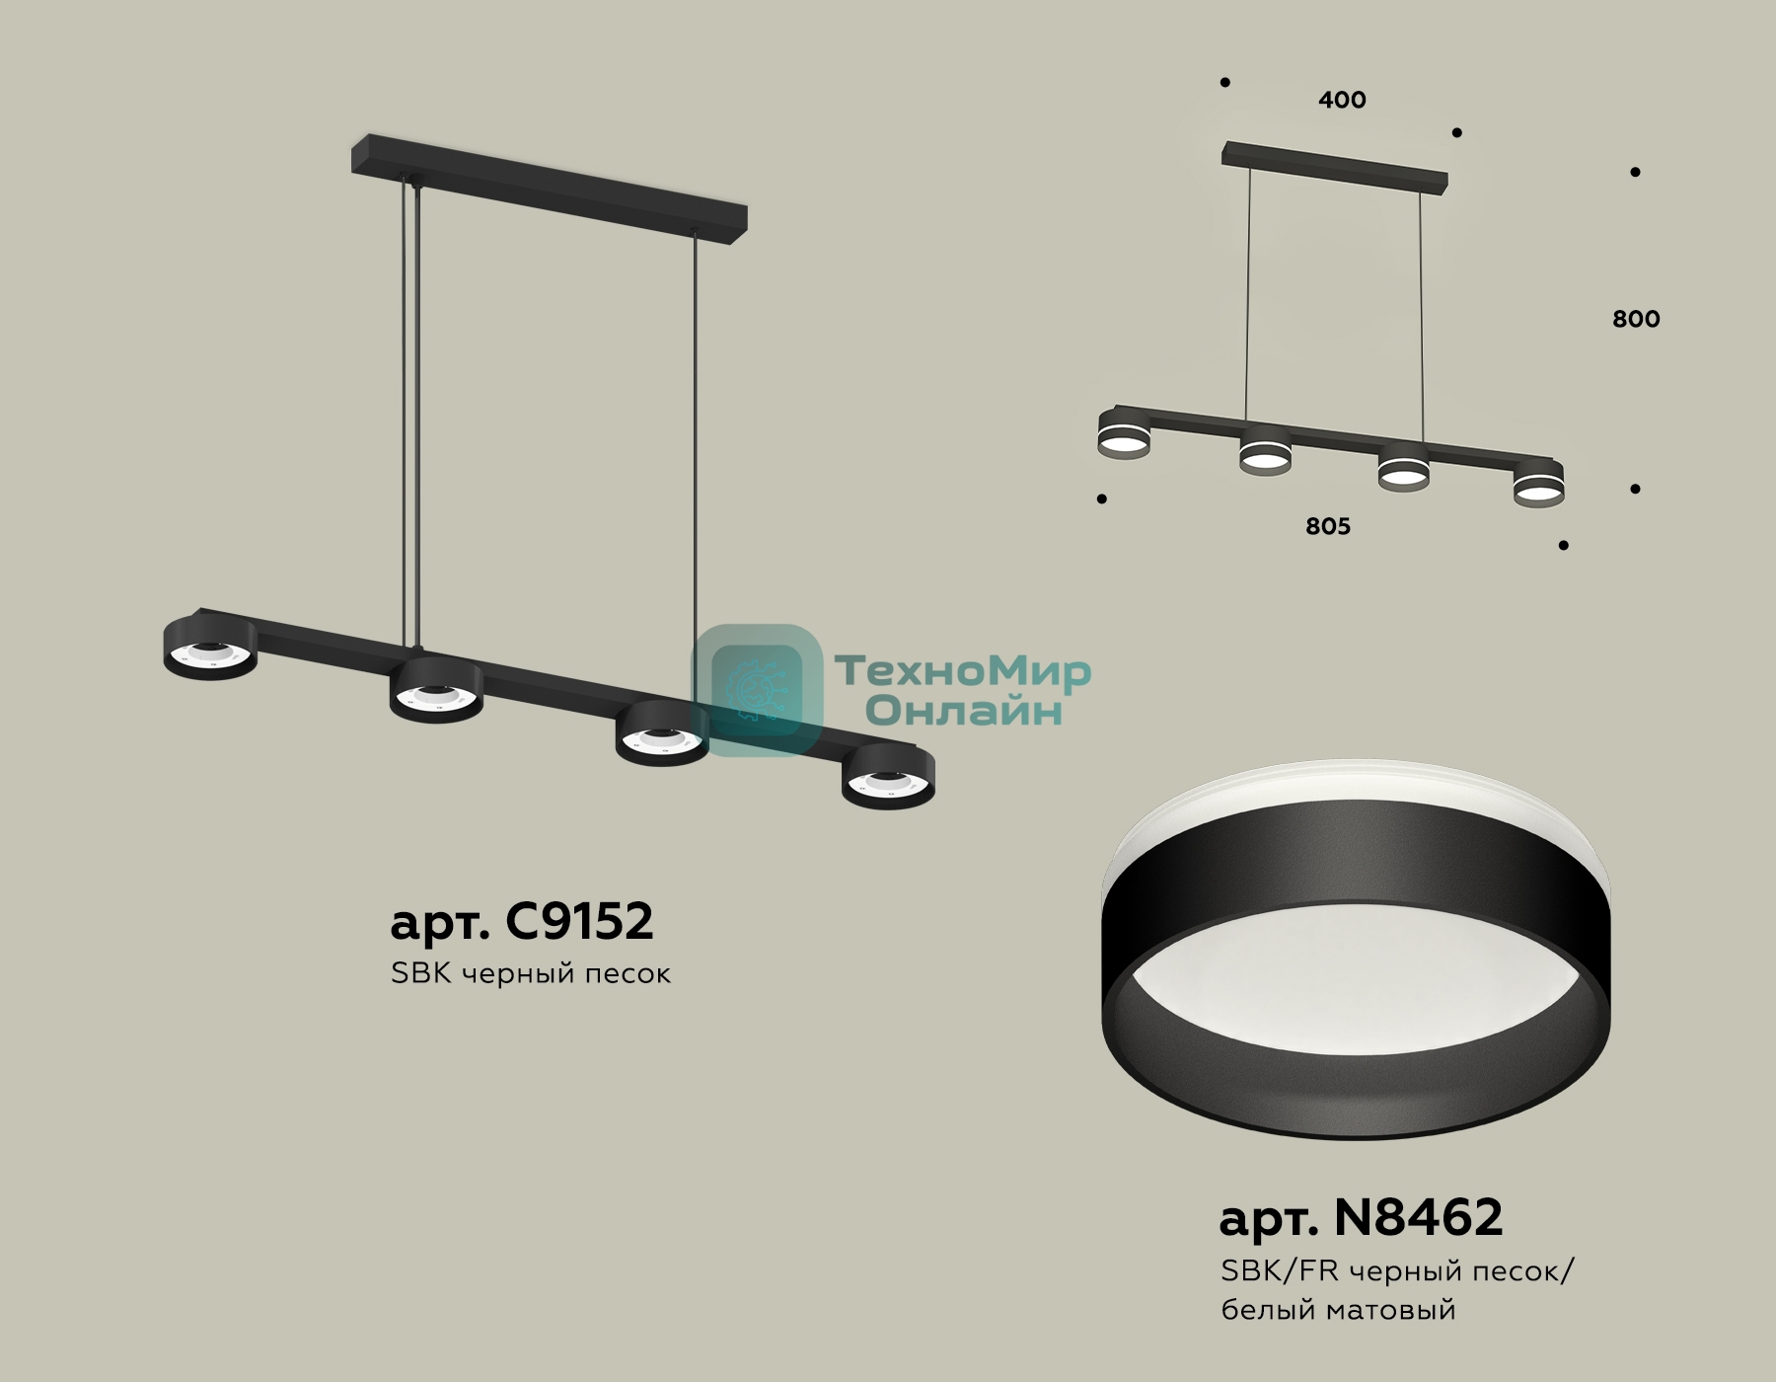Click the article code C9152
click(x=579, y=921)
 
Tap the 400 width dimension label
click(x=1342, y=100)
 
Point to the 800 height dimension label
click(x=1636, y=319)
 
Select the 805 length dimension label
click(x=1328, y=526)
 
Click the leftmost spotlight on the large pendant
click(x=210, y=648)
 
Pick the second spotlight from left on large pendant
click(x=436, y=690)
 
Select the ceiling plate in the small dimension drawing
click(x=1335, y=168)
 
